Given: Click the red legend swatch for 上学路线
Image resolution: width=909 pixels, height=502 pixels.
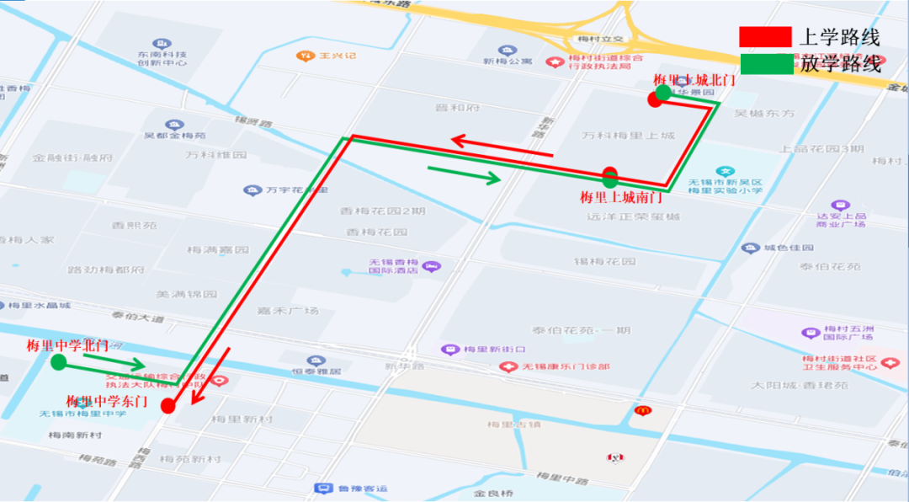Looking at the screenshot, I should [765, 37].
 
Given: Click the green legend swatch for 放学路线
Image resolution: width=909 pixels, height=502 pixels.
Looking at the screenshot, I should [766, 64].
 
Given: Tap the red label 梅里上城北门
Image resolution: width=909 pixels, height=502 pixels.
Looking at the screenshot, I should [694, 80].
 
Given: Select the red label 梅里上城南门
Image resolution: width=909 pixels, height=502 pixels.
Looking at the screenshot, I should [621, 198].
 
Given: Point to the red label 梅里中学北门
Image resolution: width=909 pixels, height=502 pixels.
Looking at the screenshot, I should [66, 346].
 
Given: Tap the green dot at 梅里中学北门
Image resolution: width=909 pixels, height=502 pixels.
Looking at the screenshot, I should [58, 362].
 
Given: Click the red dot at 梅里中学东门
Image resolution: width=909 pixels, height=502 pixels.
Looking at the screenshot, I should [168, 406].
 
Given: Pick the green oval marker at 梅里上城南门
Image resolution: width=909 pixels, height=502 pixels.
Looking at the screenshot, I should [610, 177].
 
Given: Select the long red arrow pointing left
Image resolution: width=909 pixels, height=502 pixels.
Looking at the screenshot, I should [501, 147].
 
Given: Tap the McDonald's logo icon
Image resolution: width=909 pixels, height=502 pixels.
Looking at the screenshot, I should [642, 410].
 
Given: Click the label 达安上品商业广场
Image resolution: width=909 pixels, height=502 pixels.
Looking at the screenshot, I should [841, 220].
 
